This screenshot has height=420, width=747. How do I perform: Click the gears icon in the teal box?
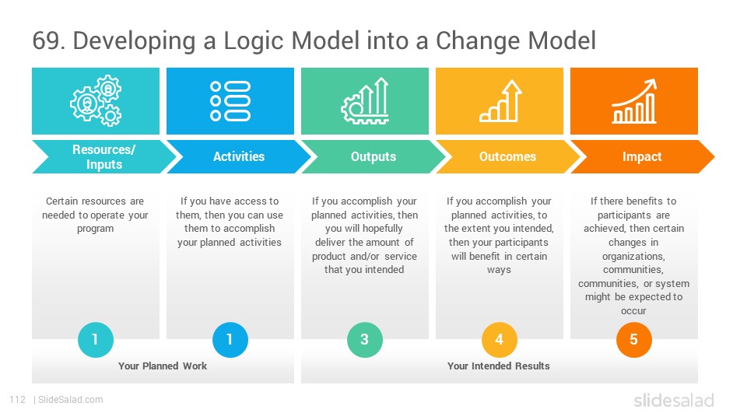click(96, 100)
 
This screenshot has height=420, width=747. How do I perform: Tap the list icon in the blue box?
click(230, 101)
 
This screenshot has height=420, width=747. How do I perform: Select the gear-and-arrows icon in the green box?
click(365, 101)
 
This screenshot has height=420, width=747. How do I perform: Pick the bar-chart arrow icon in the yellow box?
click(500, 101)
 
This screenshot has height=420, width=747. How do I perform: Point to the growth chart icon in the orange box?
click(634, 101)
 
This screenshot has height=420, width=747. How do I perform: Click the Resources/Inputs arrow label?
click(103, 156)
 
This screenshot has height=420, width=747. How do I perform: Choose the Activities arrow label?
click(239, 156)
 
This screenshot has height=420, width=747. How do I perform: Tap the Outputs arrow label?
click(373, 156)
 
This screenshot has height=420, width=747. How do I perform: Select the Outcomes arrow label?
click(508, 156)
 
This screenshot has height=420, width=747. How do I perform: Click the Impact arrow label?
click(642, 156)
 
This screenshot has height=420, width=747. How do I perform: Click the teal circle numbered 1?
click(95, 340)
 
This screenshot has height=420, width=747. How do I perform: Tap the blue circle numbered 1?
click(230, 340)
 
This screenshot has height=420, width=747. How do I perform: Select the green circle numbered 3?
click(365, 340)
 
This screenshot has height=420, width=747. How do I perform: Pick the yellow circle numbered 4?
click(500, 340)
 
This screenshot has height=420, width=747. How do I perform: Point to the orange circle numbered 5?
click(634, 340)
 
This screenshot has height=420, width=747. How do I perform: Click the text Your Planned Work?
click(163, 366)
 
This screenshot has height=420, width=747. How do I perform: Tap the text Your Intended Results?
click(499, 366)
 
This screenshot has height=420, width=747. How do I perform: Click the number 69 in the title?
click(46, 40)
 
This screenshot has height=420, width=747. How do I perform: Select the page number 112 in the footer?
click(18, 400)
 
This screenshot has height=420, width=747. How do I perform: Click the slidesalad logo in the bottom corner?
click(674, 400)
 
